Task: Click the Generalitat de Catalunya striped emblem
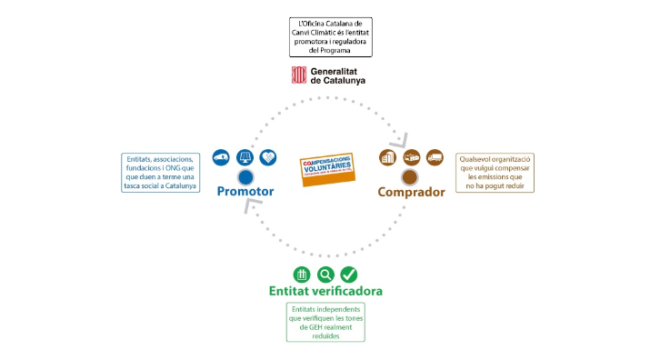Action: coord(297,75)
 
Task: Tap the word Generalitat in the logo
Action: coord(337,70)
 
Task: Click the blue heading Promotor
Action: coord(245,192)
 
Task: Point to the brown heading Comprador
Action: coord(411,192)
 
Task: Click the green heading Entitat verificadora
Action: coord(325,291)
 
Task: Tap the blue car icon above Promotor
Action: coord(221,157)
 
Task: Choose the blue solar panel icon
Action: coord(245,157)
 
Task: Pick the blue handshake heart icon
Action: coord(268,157)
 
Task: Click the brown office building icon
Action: coord(387,157)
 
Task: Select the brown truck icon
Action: coord(435,157)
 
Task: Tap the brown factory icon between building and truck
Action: coord(411,157)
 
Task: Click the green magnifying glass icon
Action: coord(325,274)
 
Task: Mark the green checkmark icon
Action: coord(349,274)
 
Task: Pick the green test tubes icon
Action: coord(302,274)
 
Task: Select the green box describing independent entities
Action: coord(325,323)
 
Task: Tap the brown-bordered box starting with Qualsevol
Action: coord(495,171)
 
